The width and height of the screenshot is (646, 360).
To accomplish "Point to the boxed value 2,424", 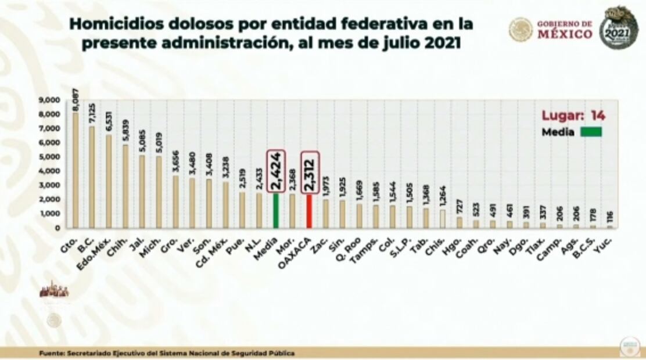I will click(x=276, y=171).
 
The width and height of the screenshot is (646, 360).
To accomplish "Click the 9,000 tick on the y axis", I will click(x=49, y=100).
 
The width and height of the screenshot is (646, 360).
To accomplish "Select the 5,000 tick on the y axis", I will click(x=49, y=157).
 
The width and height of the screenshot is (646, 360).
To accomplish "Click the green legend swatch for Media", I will click(x=590, y=132).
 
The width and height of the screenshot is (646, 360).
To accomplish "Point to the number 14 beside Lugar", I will click(x=597, y=116).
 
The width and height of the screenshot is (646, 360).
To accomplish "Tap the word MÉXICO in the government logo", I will click(x=565, y=34).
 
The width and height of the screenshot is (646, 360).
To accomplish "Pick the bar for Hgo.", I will click(x=459, y=222).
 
